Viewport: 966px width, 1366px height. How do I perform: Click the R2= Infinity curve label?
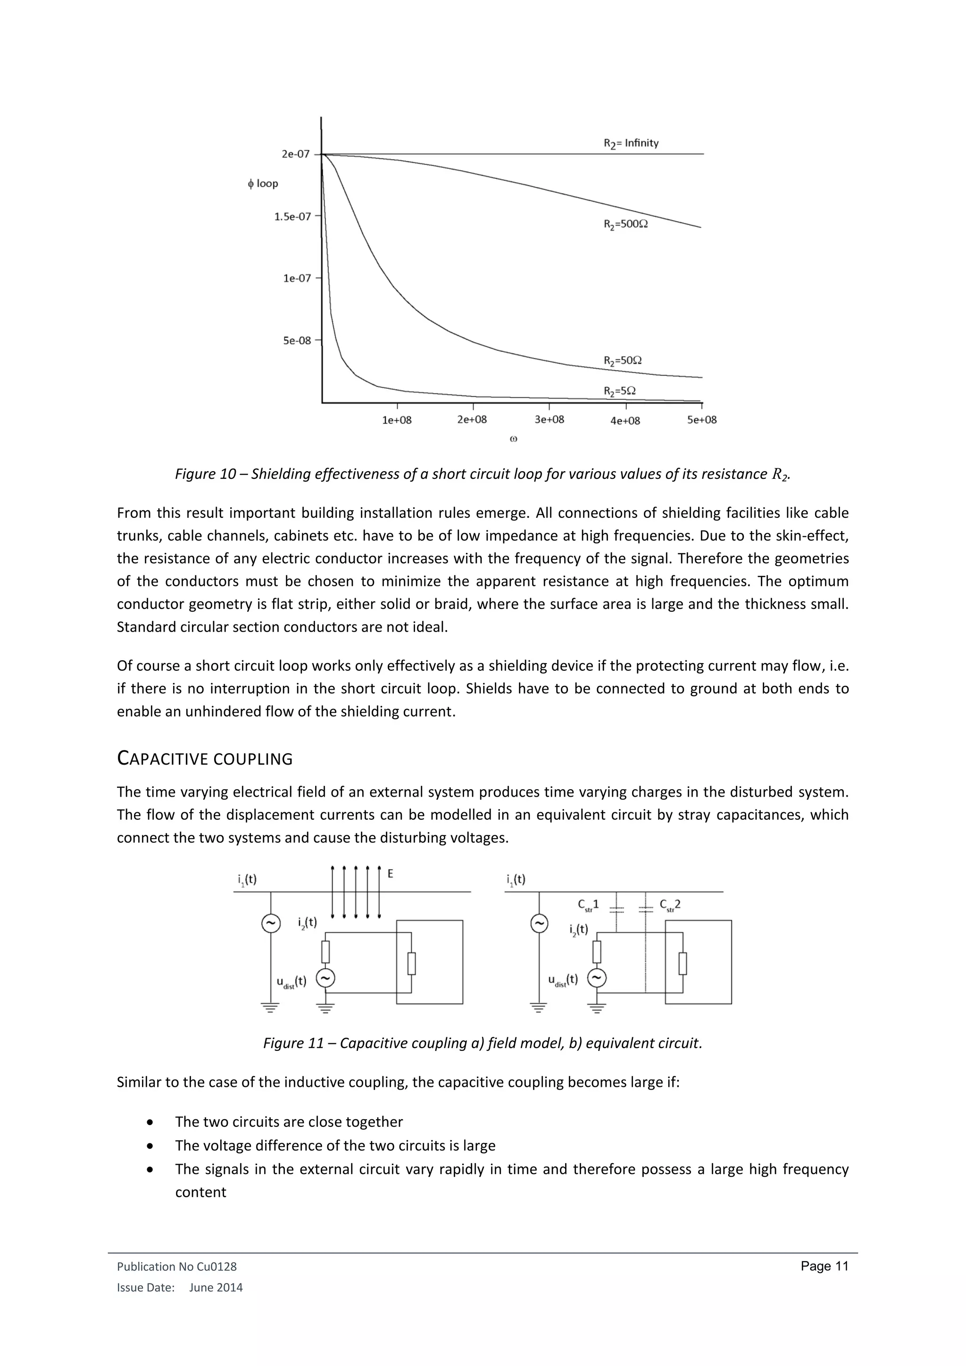pos(631,143)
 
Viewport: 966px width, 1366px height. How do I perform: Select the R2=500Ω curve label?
pos(625,225)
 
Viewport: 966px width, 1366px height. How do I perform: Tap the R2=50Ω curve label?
pos(622,360)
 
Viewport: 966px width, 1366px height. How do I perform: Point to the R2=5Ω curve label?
pos(619,391)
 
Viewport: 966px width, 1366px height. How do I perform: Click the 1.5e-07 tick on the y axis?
pos(292,217)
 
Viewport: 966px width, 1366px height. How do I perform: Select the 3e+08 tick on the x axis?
pos(549,419)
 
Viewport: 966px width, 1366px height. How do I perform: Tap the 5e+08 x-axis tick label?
pos(702,420)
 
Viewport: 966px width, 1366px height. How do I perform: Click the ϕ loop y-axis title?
pos(263,183)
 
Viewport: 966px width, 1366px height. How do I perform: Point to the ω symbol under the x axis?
pos(513,439)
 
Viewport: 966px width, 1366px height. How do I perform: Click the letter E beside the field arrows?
pos(390,874)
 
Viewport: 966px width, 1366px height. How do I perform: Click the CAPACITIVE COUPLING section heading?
pos(205,758)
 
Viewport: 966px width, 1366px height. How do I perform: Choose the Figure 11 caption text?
pos(483,1043)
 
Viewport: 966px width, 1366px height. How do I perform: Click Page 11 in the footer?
pos(824,1266)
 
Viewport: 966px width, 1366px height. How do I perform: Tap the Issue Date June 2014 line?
pos(180,1288)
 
